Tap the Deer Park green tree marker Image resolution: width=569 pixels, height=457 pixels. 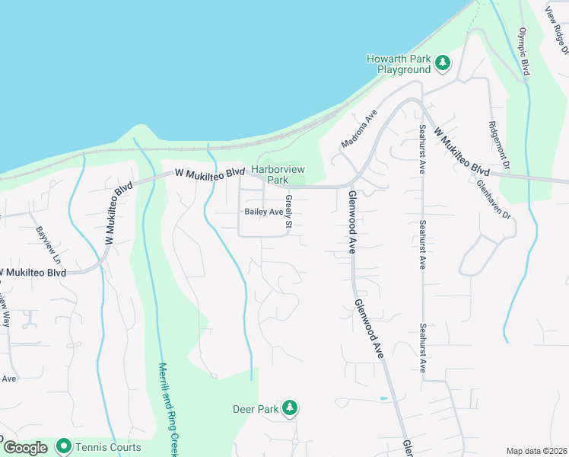[289, 409]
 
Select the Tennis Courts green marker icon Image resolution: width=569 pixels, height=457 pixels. [63, 446]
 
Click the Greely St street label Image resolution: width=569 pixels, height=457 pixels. [289, 212]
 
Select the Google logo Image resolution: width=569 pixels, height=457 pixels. [25, 448]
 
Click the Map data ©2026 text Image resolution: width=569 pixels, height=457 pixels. [536, 451]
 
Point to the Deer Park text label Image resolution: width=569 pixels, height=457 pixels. [256, 409]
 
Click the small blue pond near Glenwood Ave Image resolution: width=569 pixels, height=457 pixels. [383, 398]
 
